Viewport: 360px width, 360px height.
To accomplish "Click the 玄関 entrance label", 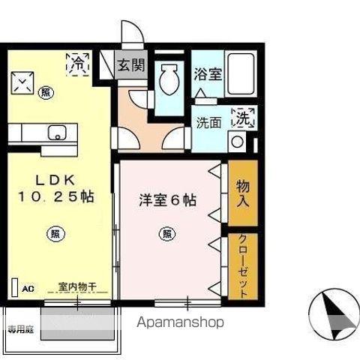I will [x=131, y=66].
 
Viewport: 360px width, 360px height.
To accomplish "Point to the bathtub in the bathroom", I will [x=239, y=75].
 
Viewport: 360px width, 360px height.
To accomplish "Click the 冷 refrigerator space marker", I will [x=77, y=64].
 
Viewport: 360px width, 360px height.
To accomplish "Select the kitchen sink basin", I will [x=56, y=133].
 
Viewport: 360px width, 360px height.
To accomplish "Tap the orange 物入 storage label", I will [x=242, y=193].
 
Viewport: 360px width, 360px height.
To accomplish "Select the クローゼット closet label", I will [x=243, y=266].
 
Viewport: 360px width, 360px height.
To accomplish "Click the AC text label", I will [x=28, y=288].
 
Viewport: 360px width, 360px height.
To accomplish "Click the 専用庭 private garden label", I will [x=20, y=328].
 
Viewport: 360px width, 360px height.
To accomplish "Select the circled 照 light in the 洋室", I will [x=165, y=233].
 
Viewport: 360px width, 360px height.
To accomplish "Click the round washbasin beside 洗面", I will [x=238, y=140].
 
